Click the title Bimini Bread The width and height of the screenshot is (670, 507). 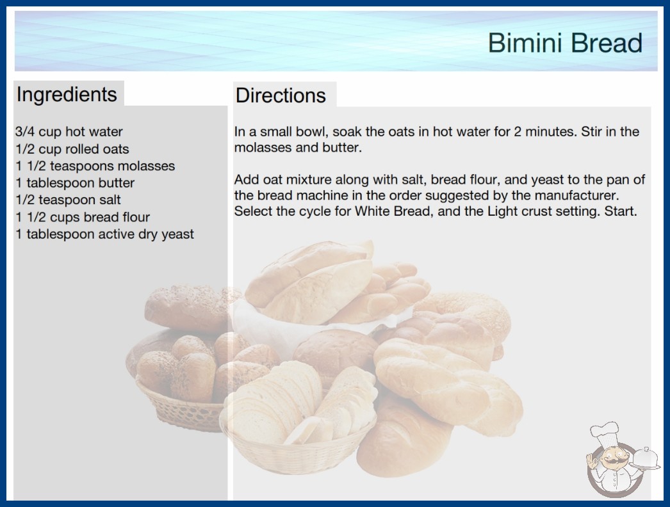565,43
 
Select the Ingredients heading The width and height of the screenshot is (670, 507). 67,95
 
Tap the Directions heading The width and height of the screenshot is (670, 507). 281,95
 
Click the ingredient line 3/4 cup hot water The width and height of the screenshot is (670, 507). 69,132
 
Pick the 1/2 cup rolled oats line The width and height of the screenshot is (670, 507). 72,149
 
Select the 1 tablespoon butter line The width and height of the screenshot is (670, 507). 75,183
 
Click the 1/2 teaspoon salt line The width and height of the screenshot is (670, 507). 69,200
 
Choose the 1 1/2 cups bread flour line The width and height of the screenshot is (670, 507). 83,217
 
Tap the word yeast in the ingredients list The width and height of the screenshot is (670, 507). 177,234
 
